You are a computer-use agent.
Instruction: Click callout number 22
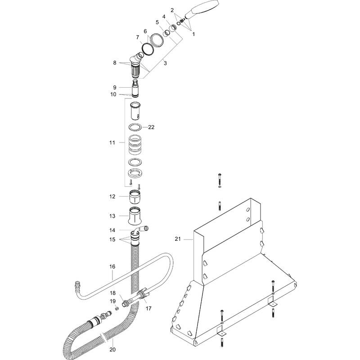[151, 127]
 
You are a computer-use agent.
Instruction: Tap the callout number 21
[178, 239]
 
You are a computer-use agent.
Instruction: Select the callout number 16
[112, 267]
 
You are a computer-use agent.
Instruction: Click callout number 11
[112, 142]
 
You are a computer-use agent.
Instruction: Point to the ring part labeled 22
[136, 127]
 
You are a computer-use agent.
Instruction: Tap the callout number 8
[115, 63]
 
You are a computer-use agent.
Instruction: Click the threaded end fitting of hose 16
[76, 284]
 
